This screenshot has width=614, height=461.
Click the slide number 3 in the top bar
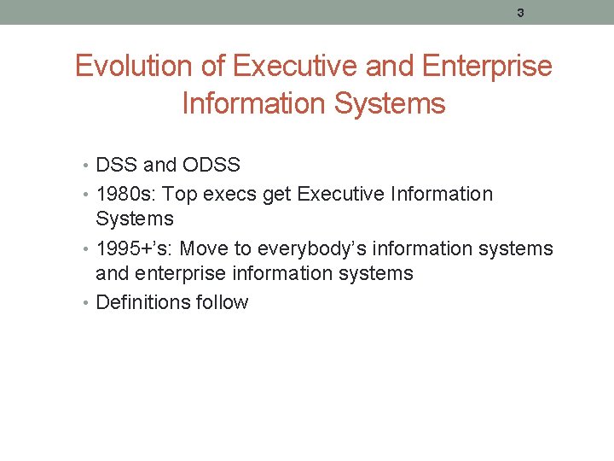click(520, 13)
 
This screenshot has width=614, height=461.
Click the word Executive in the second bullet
click(340, 194)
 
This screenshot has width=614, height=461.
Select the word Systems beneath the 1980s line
click(135, 219)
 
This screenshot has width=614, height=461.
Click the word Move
click(205, 248)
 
